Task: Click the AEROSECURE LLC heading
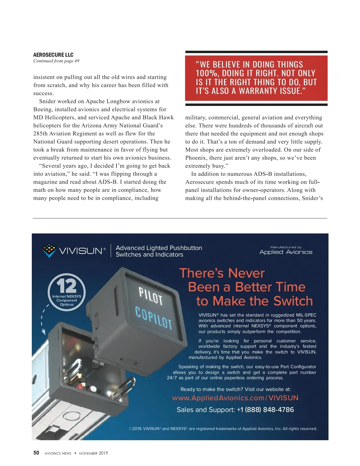pos(53,55)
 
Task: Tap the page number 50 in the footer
pos(36,453)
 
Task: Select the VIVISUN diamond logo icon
pos(49,250)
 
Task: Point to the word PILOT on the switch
pos(150,296)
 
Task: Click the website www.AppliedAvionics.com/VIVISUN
pos(235,398)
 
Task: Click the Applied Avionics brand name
pos(286,252)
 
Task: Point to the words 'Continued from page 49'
pos(56,61)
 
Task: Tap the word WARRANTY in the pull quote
pos(258,91)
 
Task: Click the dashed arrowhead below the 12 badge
pos(43,332)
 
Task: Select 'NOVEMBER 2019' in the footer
pos(93,453)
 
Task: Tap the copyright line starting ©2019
pos(223,428)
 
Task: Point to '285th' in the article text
pos(40,134)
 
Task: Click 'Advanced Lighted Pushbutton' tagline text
pos(159,248)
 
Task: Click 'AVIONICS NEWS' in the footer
pos(58,453)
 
